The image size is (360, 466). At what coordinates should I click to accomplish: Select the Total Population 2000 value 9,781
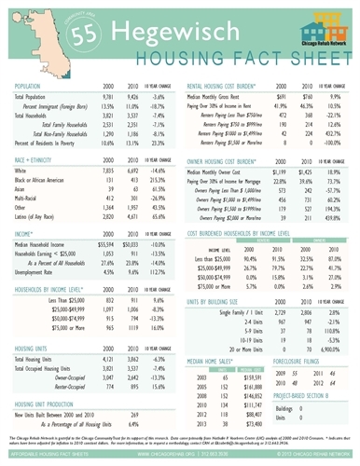(x=108, y=97)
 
